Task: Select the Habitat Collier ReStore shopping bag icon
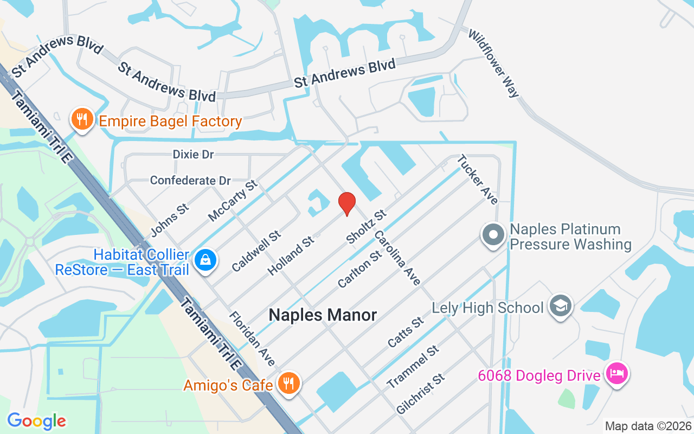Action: (206, 260)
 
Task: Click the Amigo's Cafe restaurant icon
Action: (288, 384)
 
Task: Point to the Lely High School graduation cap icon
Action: (561, 306)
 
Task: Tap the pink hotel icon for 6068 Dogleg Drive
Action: (617, 374)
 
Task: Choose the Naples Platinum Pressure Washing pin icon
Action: (493, 235)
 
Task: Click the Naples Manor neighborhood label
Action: (323, 315)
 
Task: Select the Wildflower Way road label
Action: (494, 63)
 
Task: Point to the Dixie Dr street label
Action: (194, 155)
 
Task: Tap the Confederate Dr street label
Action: (190, 180)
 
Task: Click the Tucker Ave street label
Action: (477, 180)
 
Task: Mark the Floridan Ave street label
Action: (252, 339)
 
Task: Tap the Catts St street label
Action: (406, 333)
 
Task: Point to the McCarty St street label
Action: (233, 201)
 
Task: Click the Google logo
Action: (36, 421)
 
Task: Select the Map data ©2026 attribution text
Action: (648, 426)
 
